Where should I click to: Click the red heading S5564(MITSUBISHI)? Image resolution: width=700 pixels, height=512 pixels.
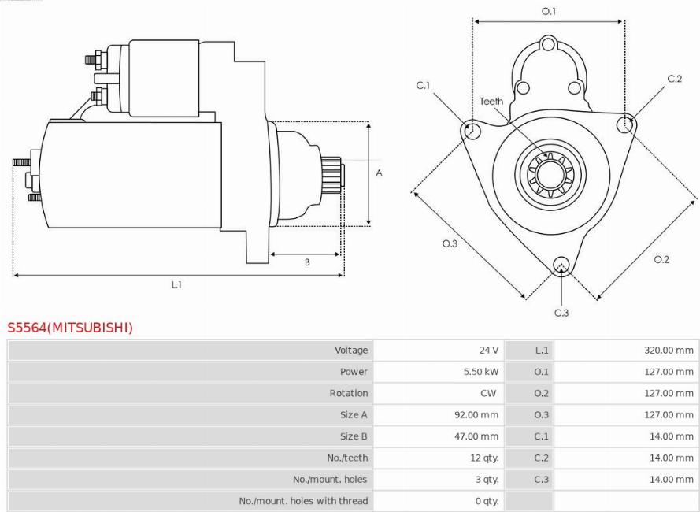click(x=70, y=328)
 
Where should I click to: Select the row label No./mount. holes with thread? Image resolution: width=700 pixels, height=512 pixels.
click(x=303, y=501)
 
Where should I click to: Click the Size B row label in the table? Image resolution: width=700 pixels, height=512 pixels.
click(x=354, y=436)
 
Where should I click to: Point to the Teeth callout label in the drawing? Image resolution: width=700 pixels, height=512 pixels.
click(x=491, y=101)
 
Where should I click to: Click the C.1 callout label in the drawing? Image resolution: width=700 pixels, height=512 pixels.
click(x=423, y=85)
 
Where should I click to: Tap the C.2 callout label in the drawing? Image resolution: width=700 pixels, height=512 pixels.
click(x=674, y=79)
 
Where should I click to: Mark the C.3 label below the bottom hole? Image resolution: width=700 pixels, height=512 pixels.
click(x=561, y=313)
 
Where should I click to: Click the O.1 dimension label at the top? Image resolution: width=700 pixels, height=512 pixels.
click(x=549, y=11)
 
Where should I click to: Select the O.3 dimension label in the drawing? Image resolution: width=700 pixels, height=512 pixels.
click(x=450, y=243)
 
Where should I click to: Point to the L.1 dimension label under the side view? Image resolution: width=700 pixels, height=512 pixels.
click(x=177, y=284)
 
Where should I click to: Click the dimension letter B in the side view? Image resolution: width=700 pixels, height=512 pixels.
click(x=307, y=262)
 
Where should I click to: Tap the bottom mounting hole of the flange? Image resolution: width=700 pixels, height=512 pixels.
click(x=561, y=264)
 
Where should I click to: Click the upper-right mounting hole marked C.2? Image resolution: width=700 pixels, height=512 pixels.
click(x=624, y=123)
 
